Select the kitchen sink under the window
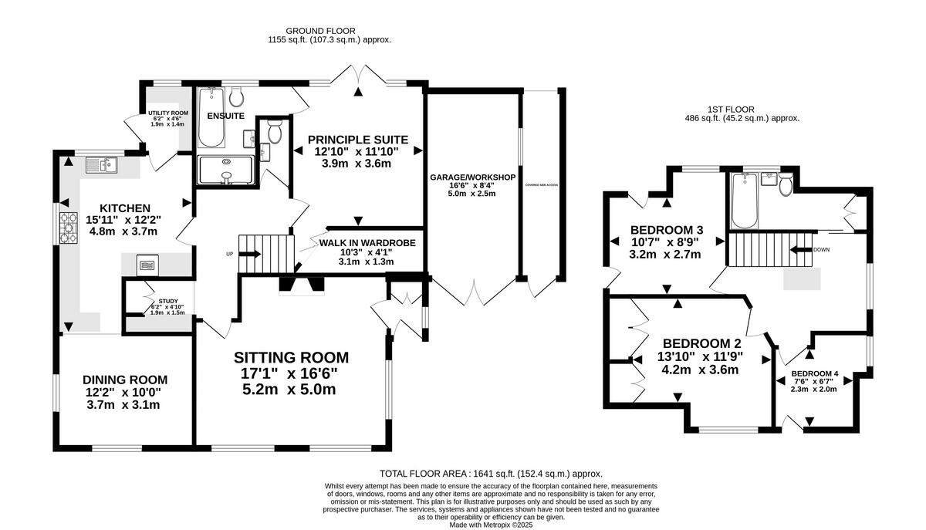[x=102, y=163]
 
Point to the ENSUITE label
[x=225, y=116]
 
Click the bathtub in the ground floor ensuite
[x=211, y=118]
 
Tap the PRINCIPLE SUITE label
[x=357, y=140]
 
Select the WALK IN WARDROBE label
[x=367, y=242]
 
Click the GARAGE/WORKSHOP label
[x=472, y=177]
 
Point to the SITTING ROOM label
[x=291, y=357]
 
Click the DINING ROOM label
[x=125, y=380]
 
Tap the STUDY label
[x=167, y=302]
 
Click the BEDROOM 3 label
[x=667, y=230]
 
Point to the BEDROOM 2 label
[x=696, y=343]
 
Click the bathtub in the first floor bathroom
[x=745, y=201]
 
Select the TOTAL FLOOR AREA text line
[x=491, y=474]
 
